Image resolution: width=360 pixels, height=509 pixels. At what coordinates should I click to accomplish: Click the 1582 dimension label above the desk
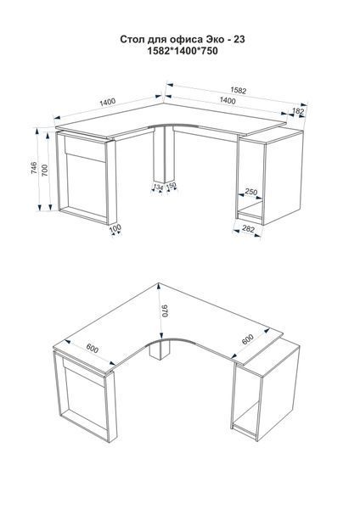(239, 90)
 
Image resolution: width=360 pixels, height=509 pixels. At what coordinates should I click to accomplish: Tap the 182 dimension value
(298, 111)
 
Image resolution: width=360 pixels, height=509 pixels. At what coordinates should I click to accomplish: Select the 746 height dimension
(34, 167)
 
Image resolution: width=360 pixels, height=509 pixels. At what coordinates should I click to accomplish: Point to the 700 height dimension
(45, 171)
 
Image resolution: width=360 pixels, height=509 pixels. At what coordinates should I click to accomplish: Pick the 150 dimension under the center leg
(172, 185)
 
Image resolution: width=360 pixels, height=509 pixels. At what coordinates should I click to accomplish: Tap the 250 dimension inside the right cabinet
(250, 192)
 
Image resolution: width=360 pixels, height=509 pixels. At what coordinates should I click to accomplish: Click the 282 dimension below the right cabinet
(249, 229)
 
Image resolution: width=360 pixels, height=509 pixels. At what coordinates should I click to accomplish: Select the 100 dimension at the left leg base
(115, 228)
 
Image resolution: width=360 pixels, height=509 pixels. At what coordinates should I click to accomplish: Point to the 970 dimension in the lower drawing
(165, 311)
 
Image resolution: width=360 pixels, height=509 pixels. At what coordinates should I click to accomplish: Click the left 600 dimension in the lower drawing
(92, 349)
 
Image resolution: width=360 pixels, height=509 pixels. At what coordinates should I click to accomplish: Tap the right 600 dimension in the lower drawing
(248, 339)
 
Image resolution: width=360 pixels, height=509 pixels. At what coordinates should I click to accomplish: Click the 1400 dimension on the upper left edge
(108, 102)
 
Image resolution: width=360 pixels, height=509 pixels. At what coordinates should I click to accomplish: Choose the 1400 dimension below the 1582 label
(228, 101)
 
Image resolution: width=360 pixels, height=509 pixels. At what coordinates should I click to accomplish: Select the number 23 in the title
(239, 39)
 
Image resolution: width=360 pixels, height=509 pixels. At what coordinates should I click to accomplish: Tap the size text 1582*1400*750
(183, 51)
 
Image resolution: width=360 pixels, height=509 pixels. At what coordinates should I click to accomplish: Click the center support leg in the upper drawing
(164, 154)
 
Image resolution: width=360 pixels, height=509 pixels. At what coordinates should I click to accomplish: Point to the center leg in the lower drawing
(160, 350)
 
